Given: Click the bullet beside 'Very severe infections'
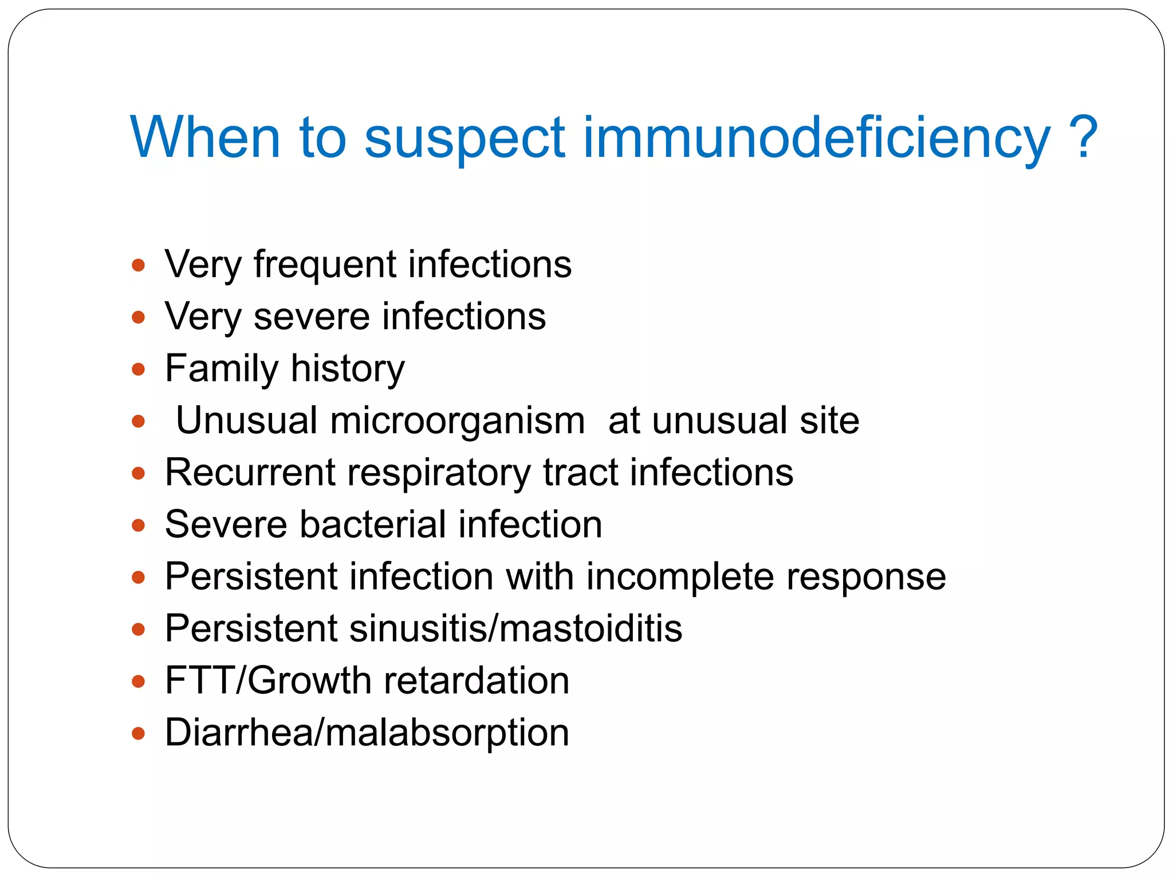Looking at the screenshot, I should pos(138,317).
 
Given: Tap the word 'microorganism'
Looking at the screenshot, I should pos(457,421).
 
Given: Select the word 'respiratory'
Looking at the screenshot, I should pos(439,473).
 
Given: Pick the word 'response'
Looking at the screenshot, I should pos(866,577).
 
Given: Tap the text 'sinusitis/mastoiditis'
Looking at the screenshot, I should pos(515,628).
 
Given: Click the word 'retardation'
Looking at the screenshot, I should pos(477,681).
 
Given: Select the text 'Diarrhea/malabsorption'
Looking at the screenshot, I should pos(367,733).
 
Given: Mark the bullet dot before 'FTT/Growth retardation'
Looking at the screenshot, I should pos(138,681).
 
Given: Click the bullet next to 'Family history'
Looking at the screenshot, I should pos(138,369).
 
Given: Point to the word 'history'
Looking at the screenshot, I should pos(348,368).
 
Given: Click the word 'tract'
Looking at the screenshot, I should pos(580,473).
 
